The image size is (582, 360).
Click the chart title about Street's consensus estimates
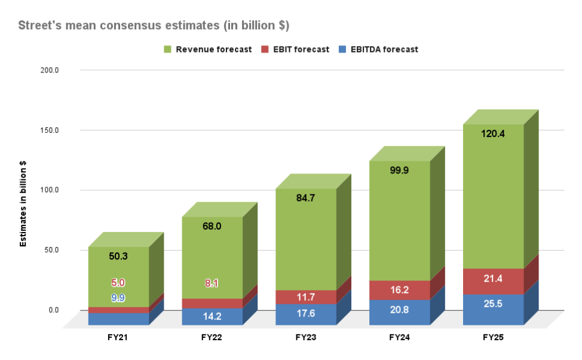click(154, 26)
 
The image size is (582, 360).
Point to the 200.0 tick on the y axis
click(66, 70)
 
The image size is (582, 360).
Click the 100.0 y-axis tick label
click(66, 190)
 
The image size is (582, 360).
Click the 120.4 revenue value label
click(493, 134)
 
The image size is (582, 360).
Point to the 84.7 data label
click(306, 198)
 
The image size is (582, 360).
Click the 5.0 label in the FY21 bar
click(118, 283)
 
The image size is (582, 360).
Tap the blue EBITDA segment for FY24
click(400, 312)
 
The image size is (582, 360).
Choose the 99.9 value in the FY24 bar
click(400, 170)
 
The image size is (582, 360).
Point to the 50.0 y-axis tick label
click(68, 250)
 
